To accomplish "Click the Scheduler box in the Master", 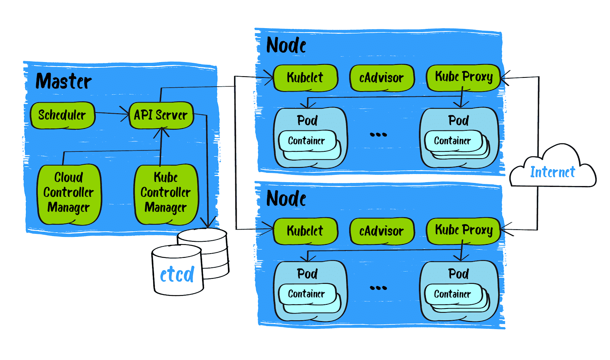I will point(62,115).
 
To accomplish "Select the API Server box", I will point(161,115).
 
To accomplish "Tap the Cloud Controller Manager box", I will point(69,193).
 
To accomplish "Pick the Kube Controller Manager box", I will point(166,193).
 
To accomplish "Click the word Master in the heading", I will point(64,81).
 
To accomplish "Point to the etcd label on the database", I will point(177,275).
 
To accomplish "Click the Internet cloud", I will point(552,172).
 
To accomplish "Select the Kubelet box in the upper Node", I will point(305,77).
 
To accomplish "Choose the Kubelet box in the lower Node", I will point(305,231).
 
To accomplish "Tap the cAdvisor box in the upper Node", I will point(381,78).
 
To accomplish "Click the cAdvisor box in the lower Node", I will point(381,231).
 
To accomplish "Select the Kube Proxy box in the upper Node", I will point(464,77).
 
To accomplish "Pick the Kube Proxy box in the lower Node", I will point(464,230).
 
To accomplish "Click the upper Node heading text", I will point(286,45).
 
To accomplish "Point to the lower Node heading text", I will point(286,199).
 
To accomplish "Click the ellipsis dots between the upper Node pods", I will point(378,134).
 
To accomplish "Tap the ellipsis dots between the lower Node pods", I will point(378,288).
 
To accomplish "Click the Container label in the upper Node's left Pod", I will point(306,141).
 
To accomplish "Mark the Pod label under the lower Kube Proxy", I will point(458,274).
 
